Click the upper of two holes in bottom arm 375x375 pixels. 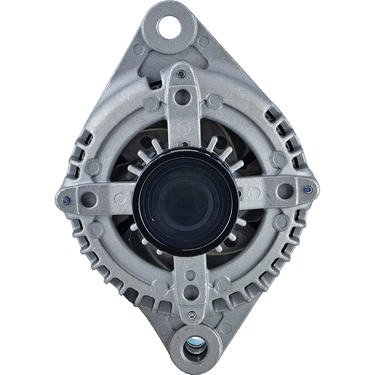(x=190, y=275)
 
